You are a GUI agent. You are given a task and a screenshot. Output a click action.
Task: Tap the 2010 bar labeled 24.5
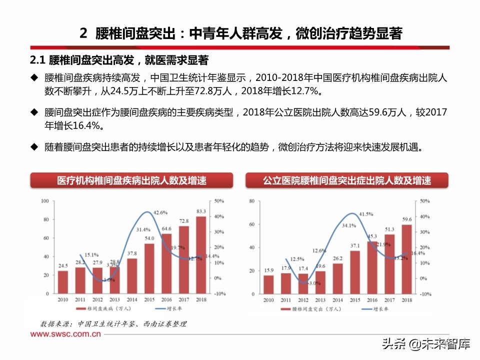(x=63, y=282)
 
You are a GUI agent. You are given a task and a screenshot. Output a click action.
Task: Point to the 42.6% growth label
(x=160, y=212)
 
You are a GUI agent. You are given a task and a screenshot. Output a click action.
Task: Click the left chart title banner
(x=131, y=180)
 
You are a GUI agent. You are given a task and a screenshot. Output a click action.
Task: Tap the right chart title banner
(x=346, y=180)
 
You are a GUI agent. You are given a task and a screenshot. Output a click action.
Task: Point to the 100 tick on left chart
(x=44, y=201)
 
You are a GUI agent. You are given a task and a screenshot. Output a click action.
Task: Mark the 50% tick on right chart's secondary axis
(x=424, y=201)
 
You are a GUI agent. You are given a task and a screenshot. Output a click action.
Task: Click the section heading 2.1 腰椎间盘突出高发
(x=118, y=60)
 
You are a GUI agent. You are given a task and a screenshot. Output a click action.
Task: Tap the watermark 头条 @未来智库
(x=425, y=344)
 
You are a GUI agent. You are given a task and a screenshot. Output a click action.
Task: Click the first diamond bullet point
(x=33, y=77)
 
